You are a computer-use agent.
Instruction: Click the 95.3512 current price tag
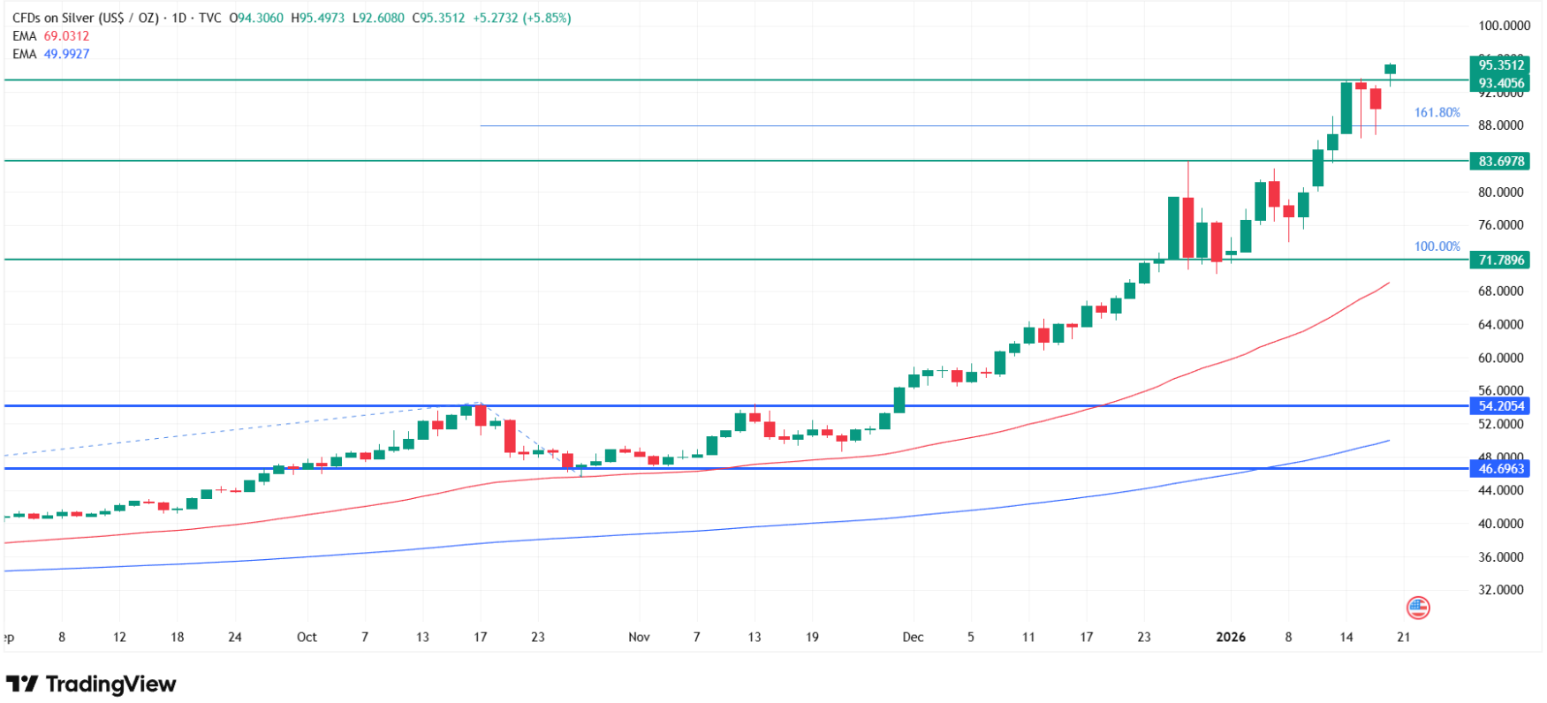pyautogui.click(x=1500, y=64)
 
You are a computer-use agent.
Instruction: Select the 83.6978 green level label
pyautogui.click(x=1500, y=162)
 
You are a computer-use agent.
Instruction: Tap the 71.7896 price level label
pyautogui.click(x=1500, y=260)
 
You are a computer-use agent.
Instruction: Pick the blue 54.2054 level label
pyautogui.click(x=1500, y=406)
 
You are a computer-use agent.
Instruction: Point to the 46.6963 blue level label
pyautogui.click(x=1500, y=469)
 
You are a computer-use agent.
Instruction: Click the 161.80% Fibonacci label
pyautogui.click(x=1437, y=113)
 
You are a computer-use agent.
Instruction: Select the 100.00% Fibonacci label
pyautogui.click(x=1437, y=246)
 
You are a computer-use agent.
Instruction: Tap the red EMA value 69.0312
pyautogui.click(x=66, y=36)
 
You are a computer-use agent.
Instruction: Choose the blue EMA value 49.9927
pyautogui.click(x=66, y=54)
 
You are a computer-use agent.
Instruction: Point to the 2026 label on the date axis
pyautogui.click(x=1231, y=637)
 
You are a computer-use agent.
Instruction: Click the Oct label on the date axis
pyautogui.click(x=307, y=637)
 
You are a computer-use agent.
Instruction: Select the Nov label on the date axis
pyautogui.click(x=639, y=637)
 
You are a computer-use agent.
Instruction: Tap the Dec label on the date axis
pyautogui.click(x=913, y=637)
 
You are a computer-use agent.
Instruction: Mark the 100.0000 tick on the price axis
pyautogui.click(x=1505, y=26)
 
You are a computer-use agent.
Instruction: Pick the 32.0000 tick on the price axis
pyautogui.click(x=1500, y=590)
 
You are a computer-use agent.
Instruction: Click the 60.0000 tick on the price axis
pyautogui.click(x=1500, y=358)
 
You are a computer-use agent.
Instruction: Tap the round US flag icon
pyautogui.click(x=1418, y=608)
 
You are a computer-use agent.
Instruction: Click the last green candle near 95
pyautogui.click(x=1390, y=69)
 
